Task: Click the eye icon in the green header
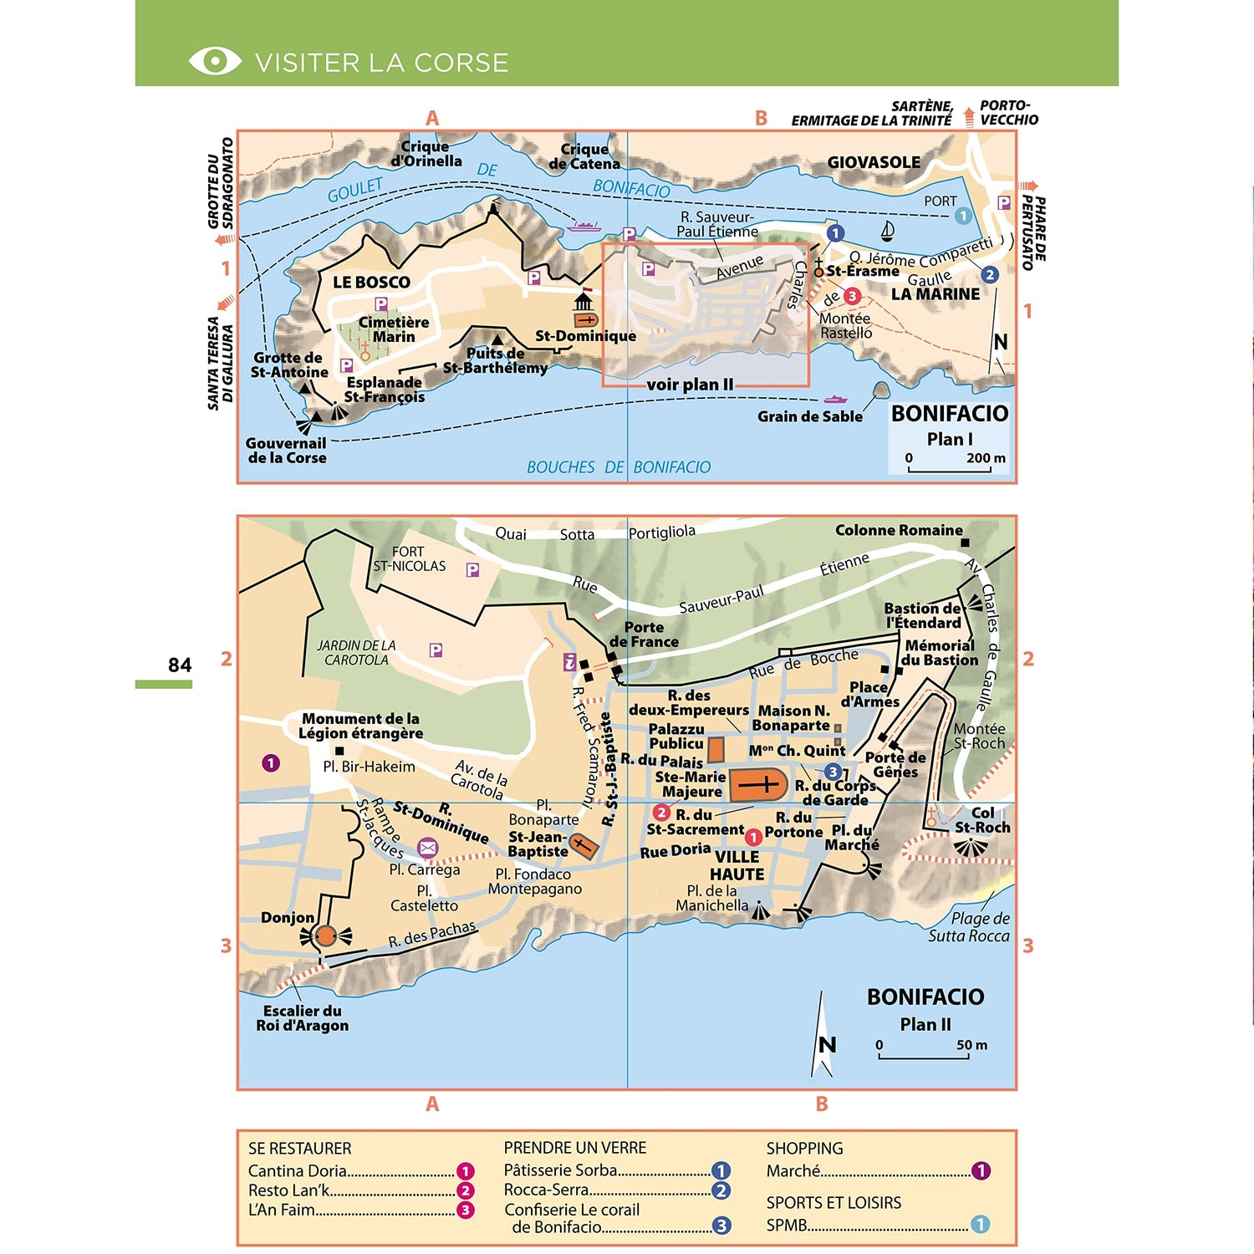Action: tap(215, 61)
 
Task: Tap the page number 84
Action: tap(180, 665)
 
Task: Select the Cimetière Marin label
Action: tap(393, 329)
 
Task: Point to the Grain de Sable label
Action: tap(809, 416)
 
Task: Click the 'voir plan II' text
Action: tap(690, 385)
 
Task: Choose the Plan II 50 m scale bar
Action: tap(924, 1057)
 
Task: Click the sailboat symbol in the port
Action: tap(888, 231)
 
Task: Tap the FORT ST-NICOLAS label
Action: tap(409, 558)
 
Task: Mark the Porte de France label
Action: tap(644, 635)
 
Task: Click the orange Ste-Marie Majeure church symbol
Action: tap(759, 785)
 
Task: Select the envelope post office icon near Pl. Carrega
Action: tap(427, 848)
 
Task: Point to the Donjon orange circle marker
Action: tap(326, 936)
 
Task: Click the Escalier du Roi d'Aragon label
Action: tap(302, 1018)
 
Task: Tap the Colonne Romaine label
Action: tap(899, 530)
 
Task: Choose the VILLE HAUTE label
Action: tap(737, 866)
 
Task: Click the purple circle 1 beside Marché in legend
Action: tap(981, 1171)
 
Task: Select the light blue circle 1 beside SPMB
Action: tap(980, 1225)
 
